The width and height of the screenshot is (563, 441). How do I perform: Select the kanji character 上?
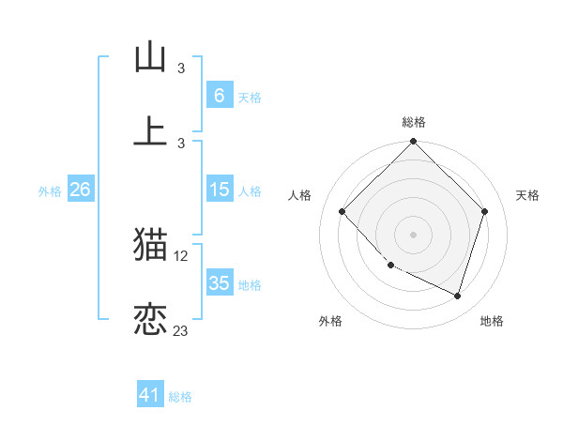tap(150, 130)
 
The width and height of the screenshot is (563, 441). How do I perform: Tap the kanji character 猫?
tap(150, 244)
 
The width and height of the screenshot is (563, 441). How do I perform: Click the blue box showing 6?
tap(219, 95)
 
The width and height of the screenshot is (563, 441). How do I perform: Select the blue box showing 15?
tap(219, 190)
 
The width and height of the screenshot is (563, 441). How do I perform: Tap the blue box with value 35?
tap(219, 283)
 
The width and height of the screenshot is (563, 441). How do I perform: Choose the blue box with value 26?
tap(80, 190)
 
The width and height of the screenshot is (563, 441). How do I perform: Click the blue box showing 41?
tap(150, 395)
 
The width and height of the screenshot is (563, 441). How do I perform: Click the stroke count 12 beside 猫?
tap(182, 255)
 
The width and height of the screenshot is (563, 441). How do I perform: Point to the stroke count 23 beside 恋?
tap(181, 330)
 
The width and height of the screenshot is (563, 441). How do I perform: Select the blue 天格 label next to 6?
tap(249, 98)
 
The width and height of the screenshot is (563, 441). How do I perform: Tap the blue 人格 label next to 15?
tap(249, 191)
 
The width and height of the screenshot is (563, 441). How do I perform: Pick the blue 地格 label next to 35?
tap(249, 285)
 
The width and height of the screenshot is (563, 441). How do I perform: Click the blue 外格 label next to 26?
tap(50, 191)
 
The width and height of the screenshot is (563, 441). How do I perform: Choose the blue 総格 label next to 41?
tap(180, 397)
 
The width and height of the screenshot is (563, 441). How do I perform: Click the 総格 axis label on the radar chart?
tap(413, 122)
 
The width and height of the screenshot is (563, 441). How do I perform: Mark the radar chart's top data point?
tap(413, 143)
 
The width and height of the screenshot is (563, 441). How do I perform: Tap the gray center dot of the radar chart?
tap(413, 234)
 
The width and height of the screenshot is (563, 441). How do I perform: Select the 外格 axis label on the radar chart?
tap(330, 321)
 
